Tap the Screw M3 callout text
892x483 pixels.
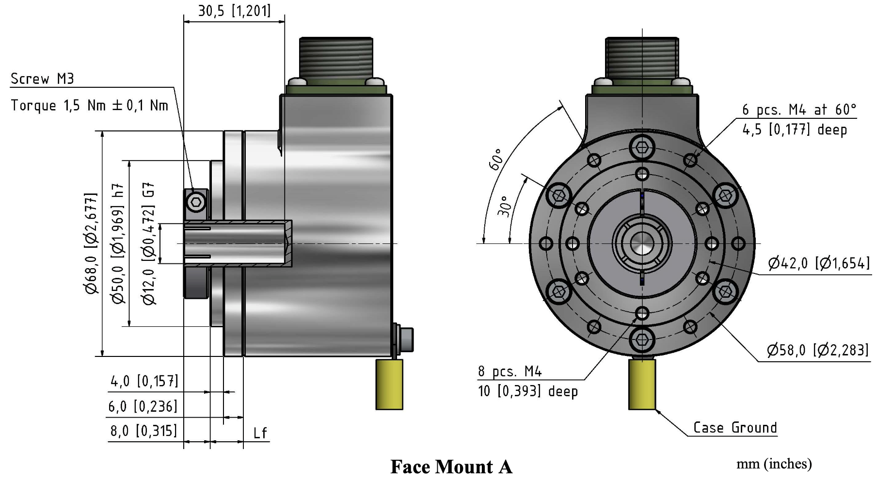pyautogui.click(x=42, y=79)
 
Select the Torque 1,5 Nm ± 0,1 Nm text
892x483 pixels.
pyautogui.click(x=90, y=105)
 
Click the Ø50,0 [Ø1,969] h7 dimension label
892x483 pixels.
pyautogui.click(x=118, y=243)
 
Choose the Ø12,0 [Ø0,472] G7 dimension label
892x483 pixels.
pyautogui.click(x=149, y=243)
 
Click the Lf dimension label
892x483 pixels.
pyautogui.click(x=260, y=433)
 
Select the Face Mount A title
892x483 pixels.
pyautogui.click(x=451, y=467)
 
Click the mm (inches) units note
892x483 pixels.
pyautogui.click(x=774, y=464)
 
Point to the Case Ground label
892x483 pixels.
pyautogui.click(x=734, y=428)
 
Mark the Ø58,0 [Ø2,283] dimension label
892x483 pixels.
pyautogui.click(x=817, y=350)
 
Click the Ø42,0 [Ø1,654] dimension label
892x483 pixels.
pyautogui.click(x=819, y=263)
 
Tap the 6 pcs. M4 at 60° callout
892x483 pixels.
pyautogui.click(x=799, y=110)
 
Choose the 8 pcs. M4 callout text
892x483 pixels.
pyautogui.click(x=510, y=371)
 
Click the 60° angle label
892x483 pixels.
pyautogui.click(x=496, y=159)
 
